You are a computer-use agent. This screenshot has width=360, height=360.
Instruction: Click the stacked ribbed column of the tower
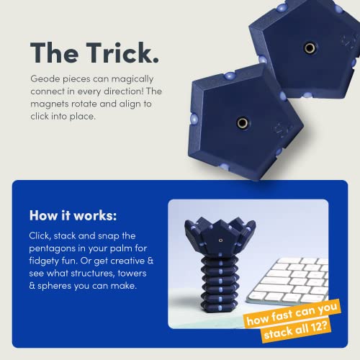pyautogui.click(x=209, y=295)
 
